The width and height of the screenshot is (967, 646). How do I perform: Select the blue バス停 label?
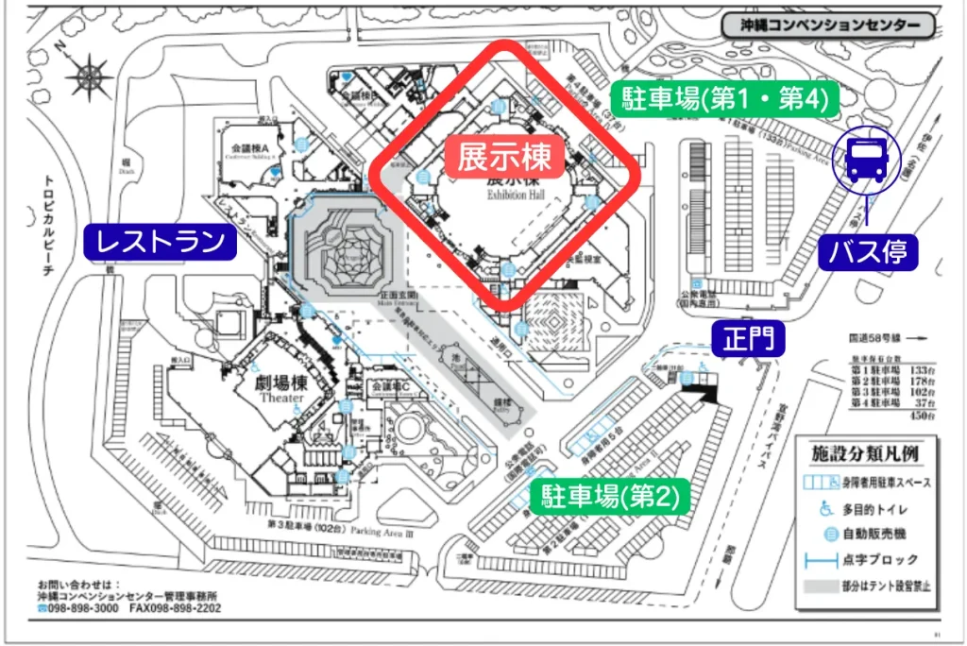[868, 251]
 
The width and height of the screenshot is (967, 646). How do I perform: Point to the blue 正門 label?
[748, 337]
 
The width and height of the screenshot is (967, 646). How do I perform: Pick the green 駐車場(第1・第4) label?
[724, 99]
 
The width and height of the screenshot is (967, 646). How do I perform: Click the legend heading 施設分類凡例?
[863, 454]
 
